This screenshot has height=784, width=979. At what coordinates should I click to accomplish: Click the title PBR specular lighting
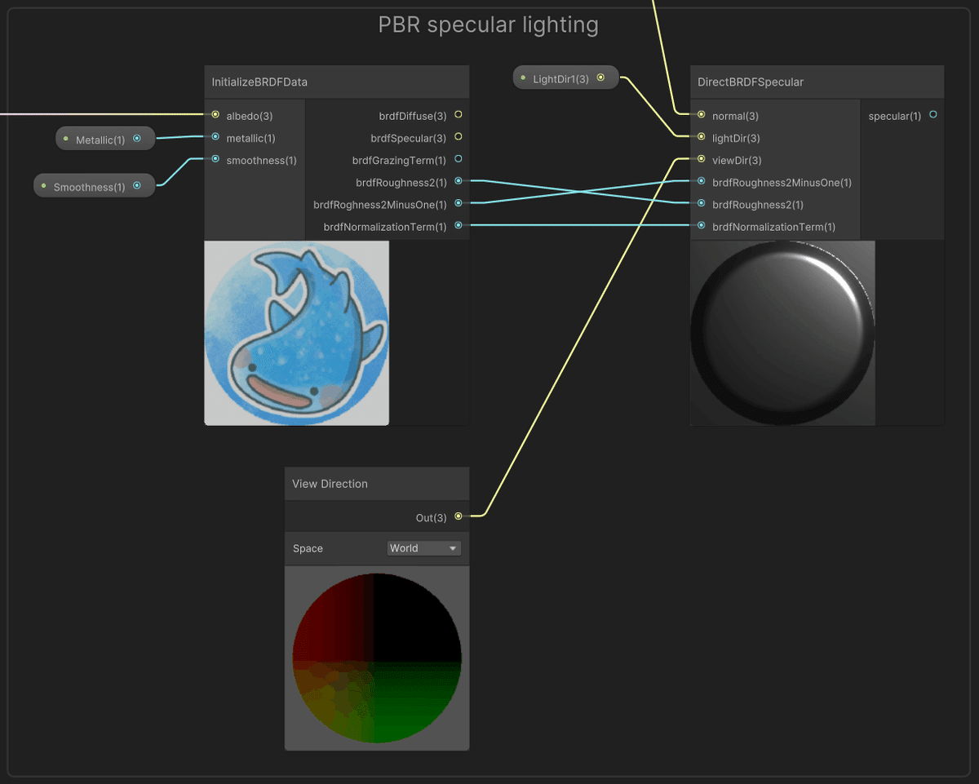pos(488,25)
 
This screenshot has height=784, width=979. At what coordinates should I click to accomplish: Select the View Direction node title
pos(330,484)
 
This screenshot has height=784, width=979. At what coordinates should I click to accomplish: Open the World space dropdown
pos(423,548)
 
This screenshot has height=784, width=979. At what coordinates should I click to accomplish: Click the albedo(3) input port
pos(215,115)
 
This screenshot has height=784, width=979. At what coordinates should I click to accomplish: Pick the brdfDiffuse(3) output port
pos(458,115)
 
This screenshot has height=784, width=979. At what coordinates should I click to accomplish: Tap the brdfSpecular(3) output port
pos(458,137)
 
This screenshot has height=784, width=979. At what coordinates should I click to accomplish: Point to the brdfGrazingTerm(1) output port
pos(458,159)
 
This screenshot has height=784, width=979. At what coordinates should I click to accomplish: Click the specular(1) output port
pos(933,115)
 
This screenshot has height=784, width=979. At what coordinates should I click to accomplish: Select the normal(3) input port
pos(701,115)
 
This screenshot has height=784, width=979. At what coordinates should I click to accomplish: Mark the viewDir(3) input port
pos(701,160)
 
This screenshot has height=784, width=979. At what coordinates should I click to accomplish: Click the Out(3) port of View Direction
pos(458,516)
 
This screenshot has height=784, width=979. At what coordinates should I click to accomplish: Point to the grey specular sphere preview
pos(782,333)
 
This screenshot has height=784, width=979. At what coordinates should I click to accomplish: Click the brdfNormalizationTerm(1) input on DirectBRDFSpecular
pos(701,226)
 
